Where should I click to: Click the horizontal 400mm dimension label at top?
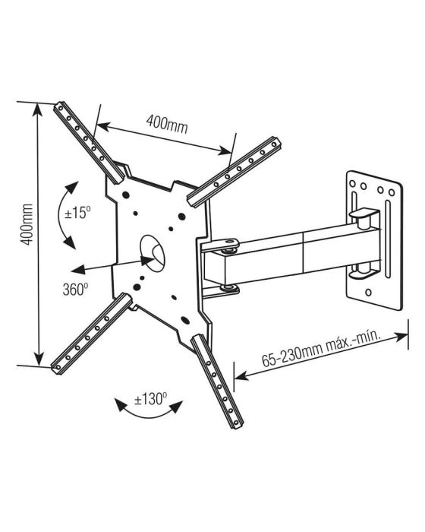click(167, 124)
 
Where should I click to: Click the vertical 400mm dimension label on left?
click(27, 224)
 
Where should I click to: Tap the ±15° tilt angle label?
click(77, 213)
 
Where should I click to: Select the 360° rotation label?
click(75, 290)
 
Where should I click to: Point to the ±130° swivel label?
click(151, 399)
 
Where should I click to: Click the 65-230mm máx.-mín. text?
click(322, 350)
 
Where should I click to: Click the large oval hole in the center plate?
click(153, 253)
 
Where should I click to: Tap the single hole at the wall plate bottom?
click(369, 292)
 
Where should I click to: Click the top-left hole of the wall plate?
click(352, 184)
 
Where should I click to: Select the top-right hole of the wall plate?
click(392, 193)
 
